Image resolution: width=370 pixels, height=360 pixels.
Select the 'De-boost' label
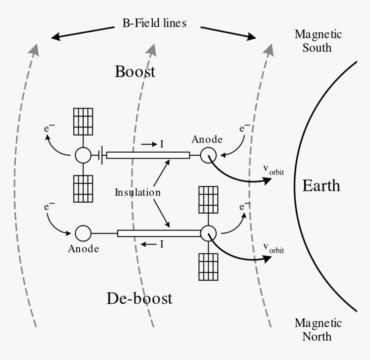pos(139,298)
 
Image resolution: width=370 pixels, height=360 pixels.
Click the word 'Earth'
pos(321,185)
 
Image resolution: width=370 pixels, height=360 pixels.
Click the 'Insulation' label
pos(137,192)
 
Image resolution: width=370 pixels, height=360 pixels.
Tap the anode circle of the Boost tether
pos(209,155)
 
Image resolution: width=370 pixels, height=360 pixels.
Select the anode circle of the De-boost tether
pos(83,233)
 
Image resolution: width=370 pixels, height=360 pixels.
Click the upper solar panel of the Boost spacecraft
pos(83,122)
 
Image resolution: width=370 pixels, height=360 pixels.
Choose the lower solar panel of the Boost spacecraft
pos(83,188)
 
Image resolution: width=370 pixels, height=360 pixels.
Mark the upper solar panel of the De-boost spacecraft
pos(208,200)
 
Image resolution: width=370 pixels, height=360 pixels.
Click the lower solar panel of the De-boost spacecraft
pos(208,266)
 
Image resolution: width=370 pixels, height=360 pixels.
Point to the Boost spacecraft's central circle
pos(83,155)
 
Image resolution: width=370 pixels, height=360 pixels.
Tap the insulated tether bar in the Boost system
pos(148,155)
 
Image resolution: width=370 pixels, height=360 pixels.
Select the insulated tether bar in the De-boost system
pos(159,233)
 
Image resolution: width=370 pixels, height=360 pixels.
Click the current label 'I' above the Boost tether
pos(162,144)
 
